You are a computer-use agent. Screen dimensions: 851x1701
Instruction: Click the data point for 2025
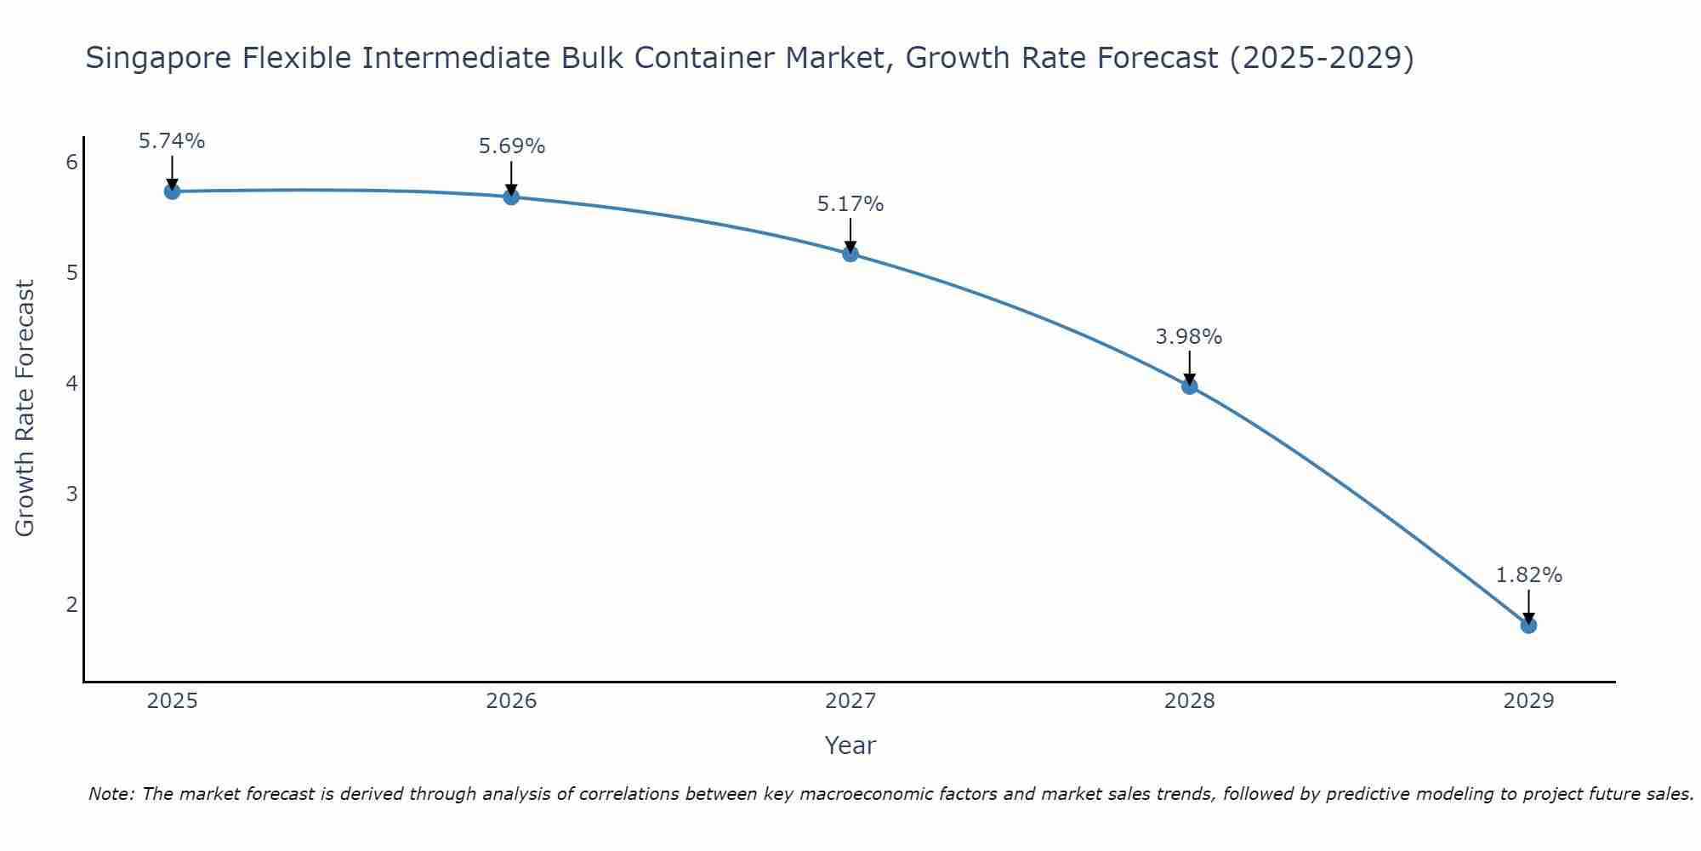pyautogui.click(x=172, y=191)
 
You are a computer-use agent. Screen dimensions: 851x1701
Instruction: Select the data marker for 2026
pyautogui.click(x=511, y=197)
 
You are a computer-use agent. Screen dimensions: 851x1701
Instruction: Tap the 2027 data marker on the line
pyautogui.click(x=850, y=254)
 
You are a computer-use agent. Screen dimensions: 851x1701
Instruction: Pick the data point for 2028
pyautogui.click(x=1189, y=386)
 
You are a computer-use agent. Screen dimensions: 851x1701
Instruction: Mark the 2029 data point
pyautogui.click(x=1528, y=625)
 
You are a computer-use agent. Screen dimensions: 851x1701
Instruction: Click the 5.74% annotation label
pyautogui.click(x=172, y=141)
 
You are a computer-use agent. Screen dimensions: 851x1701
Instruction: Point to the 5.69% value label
pyautogui.click(x=511, y=146)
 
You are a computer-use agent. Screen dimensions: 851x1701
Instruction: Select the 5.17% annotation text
pyautogui.click(x=850, y=204)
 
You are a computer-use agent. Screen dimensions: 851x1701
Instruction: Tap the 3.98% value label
pyautogui.click(x=1189, y=337)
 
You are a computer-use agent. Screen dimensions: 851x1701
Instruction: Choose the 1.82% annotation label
pyautogui.click(x=1528, y=575)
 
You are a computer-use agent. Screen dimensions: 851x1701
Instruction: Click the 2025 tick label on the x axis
pyautogui.click(x=172, y=701)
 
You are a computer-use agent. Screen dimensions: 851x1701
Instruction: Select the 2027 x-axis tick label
pyautogui.click(x=850, y=701)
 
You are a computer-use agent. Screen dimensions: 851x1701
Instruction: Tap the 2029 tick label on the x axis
pyautogui.click(x=1528, y=701)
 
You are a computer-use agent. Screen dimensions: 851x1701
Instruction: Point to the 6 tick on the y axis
pyautogui.click(x=71, y=163)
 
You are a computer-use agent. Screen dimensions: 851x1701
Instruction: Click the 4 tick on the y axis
pyautogui.click(x=71, y=384)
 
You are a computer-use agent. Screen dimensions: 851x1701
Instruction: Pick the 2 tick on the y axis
pyautogui.click(x=71, y=605)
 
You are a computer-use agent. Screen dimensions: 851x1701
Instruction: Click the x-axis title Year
pyautogui.click(x=850, y=745)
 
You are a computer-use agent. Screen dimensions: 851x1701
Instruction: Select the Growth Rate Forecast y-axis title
pyautogui.click(x=26, y=408)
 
